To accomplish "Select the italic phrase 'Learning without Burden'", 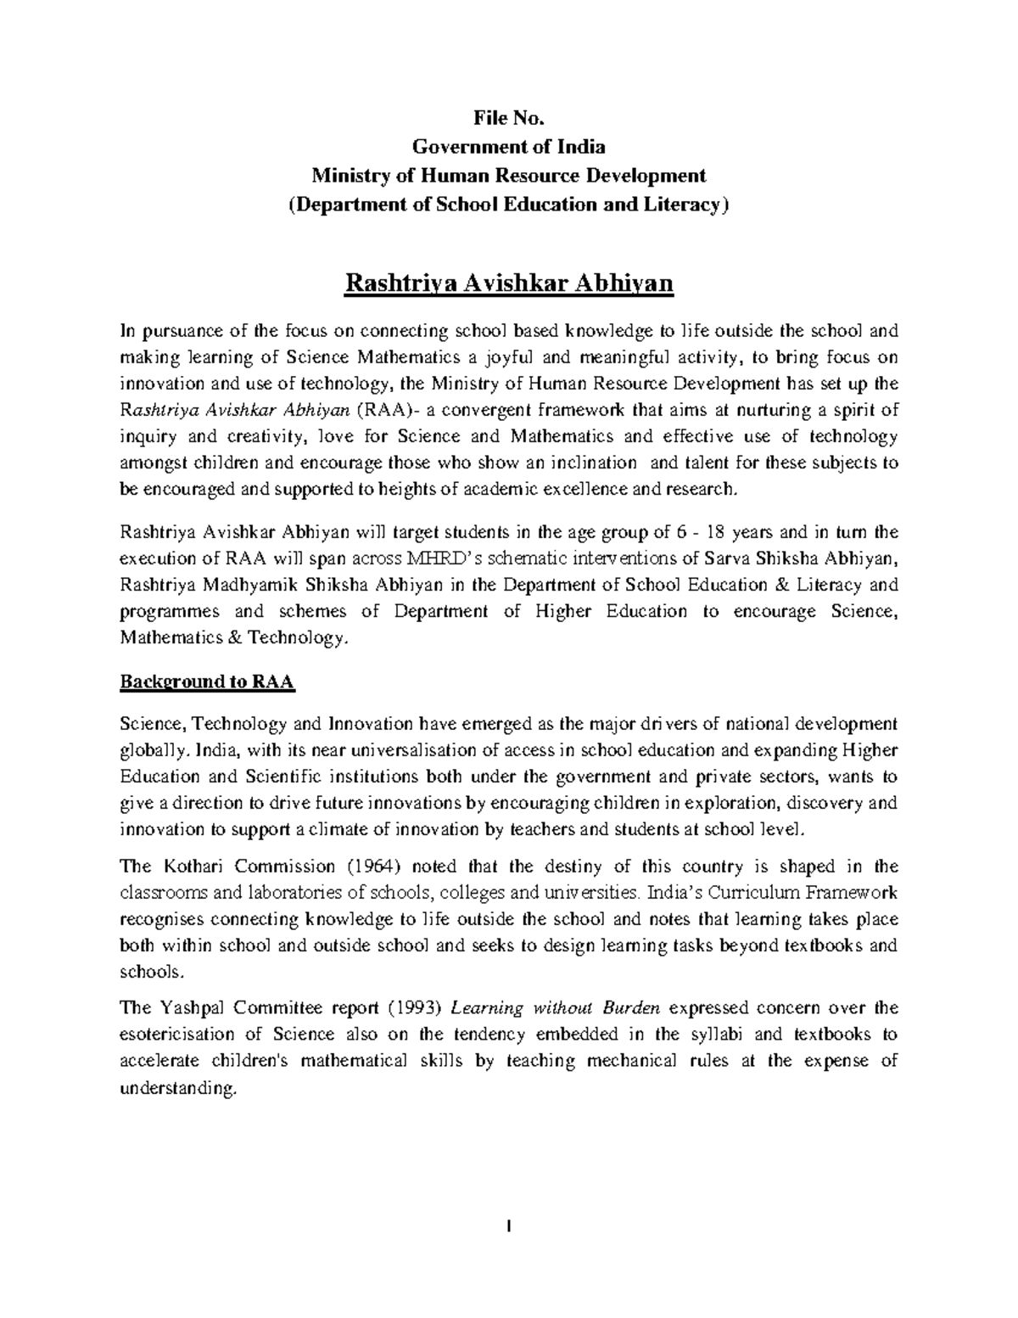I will tap(557, 1008).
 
